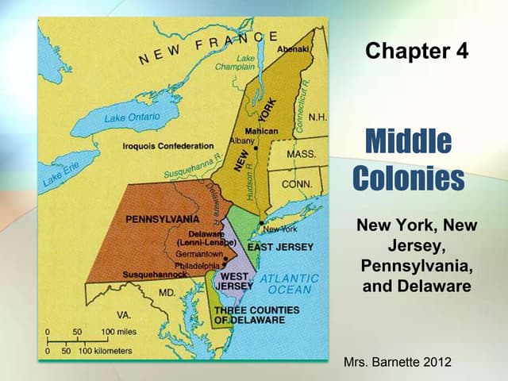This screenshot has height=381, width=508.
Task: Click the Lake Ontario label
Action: (132, 117)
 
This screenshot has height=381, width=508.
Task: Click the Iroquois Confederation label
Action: (167, 146)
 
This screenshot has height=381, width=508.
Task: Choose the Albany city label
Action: (241, 140)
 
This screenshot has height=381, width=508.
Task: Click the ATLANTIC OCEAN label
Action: (291, 284)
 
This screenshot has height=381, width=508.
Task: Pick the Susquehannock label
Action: (156, 275)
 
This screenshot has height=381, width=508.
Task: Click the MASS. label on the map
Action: (301, 153)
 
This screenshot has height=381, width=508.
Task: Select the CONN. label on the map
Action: (297, 184)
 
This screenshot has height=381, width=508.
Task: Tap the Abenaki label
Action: (292, 49)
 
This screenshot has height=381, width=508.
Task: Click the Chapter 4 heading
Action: (417, 52)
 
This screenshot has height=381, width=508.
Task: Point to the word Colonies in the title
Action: (408, 178)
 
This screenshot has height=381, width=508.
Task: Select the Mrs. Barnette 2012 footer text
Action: (398, 362)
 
